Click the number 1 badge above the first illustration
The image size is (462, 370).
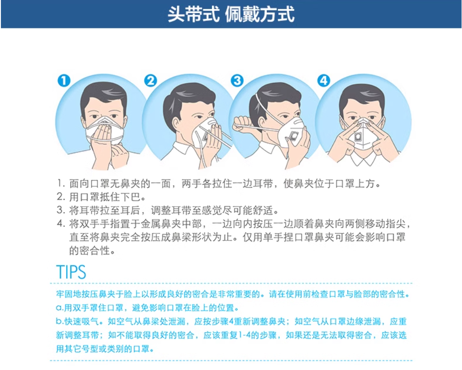[x=64, y=81]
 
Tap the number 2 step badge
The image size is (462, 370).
[x=150, y=81]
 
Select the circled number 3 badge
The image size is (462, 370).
[x=237, y=81]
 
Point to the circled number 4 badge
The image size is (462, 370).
[x=324, y=81]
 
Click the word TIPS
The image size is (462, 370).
[x=71, y=272]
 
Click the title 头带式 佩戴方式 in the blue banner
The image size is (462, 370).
[x=231, y=14]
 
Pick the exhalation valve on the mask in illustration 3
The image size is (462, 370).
[x=294, y=136]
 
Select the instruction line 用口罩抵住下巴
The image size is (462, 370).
[x=101, y=197]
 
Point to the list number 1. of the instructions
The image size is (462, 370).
[x=61, y=183]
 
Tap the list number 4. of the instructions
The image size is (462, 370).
[x=61, y=224]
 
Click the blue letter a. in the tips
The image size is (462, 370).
[x=60, y=308]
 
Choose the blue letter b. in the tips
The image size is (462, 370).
[x=60, y=321]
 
